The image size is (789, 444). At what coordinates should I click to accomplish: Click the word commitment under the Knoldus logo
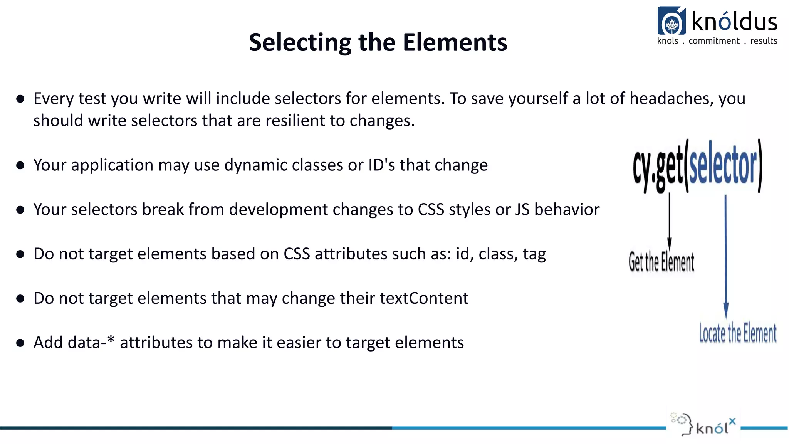714,41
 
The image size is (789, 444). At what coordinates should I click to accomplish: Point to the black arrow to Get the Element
670,222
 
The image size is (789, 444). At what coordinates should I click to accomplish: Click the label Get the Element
661,262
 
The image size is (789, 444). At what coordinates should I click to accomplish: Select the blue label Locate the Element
737,333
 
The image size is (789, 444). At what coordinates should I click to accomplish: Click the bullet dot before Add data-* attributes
20,343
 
